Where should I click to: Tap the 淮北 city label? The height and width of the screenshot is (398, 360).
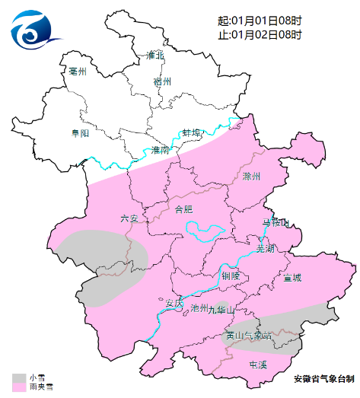155,55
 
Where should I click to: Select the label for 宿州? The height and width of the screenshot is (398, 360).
162,81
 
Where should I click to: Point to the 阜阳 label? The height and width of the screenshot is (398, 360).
80,133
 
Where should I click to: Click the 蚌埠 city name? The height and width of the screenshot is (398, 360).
192,133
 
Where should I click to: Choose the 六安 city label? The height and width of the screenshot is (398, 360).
129,218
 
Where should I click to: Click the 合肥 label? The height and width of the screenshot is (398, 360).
184,209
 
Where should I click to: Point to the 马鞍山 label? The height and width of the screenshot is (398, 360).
276,223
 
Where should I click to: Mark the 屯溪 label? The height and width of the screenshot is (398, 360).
258,365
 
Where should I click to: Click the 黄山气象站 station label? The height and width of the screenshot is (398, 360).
248,335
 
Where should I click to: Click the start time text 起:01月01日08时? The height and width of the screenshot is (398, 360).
260,21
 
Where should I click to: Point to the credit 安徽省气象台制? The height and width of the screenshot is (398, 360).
323,378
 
